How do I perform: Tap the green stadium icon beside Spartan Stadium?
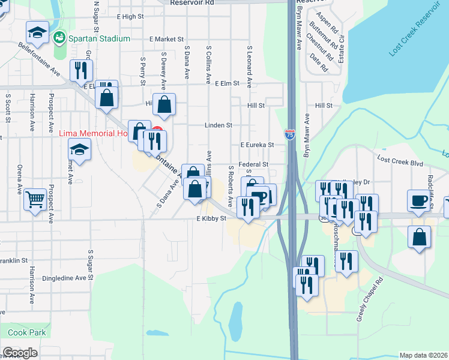[59, 38]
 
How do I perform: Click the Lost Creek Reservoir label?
[415, 34]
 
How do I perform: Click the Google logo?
[20, 353]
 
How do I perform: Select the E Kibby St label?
[211, 218]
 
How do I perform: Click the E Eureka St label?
[257, 145]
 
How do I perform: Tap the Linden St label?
[218, 125]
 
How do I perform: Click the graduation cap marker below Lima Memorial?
[79, 148]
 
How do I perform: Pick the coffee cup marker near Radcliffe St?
[418, 200]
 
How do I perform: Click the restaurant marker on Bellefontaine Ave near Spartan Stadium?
[79, 70]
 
